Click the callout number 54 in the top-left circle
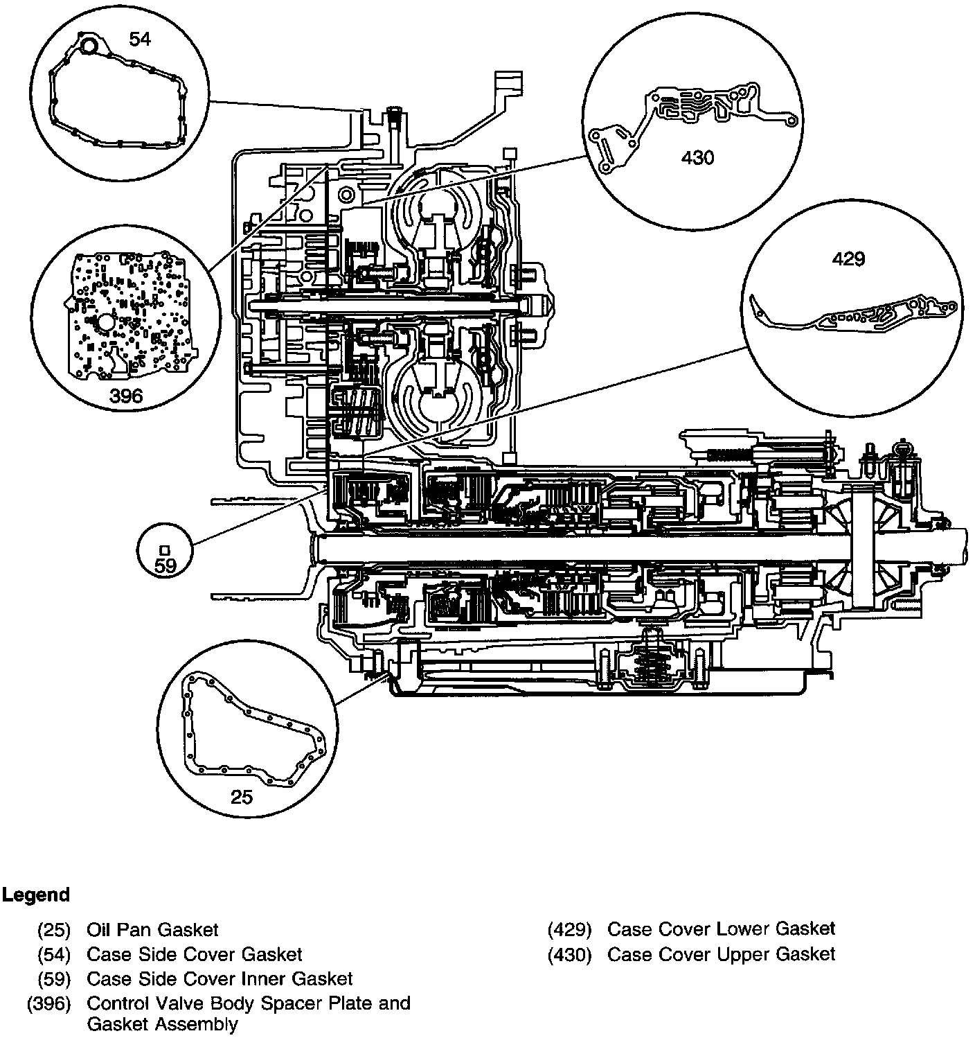coord(140,39)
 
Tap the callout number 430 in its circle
coord(697,158)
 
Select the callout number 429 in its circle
coord(848,259)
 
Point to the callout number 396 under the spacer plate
coord(126,396)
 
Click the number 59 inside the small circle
coord(166,565)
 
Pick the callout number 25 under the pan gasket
coord(242,797)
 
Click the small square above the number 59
coord(165,549)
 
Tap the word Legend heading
coord(36,895)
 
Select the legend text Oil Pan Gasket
coord(152,930)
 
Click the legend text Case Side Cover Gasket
coord(195,954)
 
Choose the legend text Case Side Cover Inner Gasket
coord(220,978)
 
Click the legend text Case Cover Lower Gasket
coord(721,929)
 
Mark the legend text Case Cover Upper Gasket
coord(721,954)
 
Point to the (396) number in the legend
coord(48,1003)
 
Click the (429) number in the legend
coord(569,929)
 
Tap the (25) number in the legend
coord(54,930)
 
